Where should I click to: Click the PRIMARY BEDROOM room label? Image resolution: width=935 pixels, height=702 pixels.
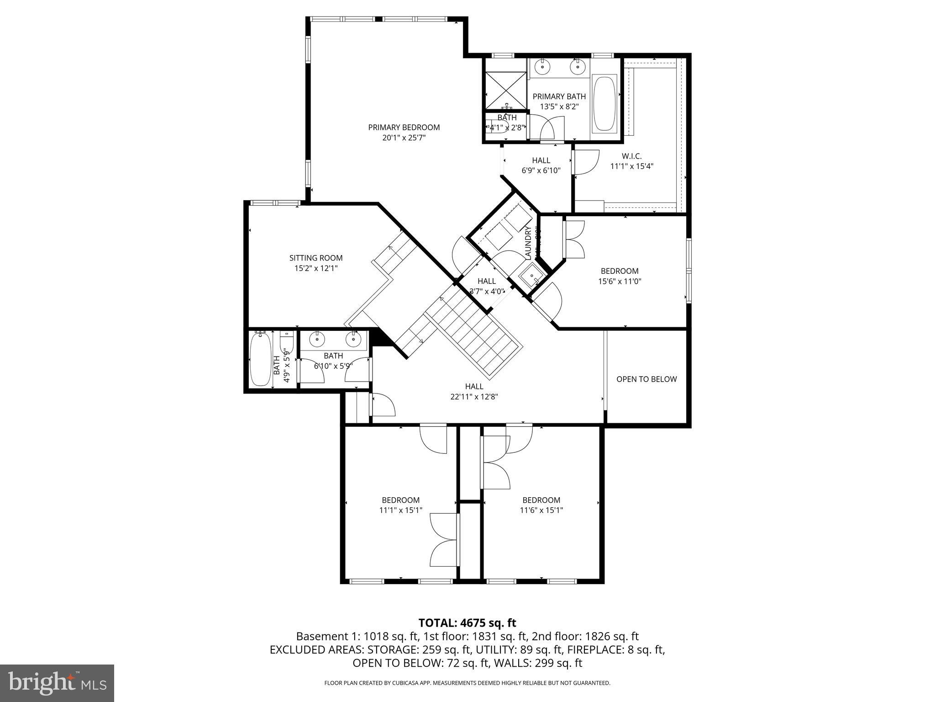tap(404, 128)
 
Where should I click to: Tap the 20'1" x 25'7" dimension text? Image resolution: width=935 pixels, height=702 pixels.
tap(404, 138)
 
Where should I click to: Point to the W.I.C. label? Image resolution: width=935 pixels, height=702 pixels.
tap(631, 156)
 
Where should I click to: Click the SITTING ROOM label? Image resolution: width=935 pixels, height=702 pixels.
tap(315, 258)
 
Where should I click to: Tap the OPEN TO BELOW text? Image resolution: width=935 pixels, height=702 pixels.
tap(646, 379)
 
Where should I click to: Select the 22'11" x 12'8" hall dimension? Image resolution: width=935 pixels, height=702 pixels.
tap(474, 397)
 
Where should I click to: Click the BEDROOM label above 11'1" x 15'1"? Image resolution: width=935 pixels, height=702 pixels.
tap(400, 500)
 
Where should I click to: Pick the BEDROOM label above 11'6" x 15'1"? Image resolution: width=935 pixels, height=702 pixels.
tap(541, 500)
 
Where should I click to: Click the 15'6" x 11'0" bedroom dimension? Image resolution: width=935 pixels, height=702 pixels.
tap(620, 282)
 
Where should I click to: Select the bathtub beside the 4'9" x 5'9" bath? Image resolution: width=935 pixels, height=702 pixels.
tap(260, 359)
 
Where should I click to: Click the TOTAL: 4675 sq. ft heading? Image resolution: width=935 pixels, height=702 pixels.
tap(467, 623)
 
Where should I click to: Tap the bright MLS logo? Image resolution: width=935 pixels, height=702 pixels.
tap(57, 683)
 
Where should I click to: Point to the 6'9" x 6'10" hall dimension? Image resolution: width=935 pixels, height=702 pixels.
tap(541, 170)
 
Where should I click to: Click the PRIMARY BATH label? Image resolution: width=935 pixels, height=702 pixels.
tap(559, 96)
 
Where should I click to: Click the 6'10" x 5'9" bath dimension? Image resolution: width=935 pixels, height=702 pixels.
tap(333, 366)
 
